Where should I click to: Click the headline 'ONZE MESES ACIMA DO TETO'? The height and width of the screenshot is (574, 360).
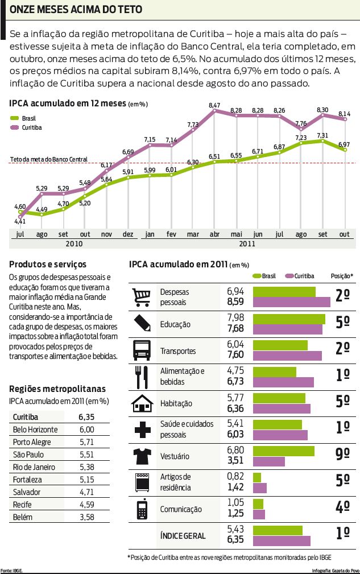point(76,10)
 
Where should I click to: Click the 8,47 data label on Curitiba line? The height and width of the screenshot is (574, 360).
point(214,106)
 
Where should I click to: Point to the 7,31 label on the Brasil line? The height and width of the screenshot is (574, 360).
point(322,135)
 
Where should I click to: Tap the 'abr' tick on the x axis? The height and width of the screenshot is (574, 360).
point(214,234)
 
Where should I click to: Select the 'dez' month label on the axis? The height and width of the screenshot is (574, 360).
point(128,234)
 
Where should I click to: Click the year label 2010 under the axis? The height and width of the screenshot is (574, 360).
point(74,243)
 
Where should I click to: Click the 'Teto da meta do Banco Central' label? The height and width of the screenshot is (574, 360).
point(49,159)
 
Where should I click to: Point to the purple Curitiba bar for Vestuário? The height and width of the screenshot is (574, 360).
point(268,461)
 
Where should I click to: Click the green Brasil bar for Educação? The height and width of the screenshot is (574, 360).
point(289,319)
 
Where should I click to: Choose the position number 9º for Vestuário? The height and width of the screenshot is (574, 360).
point(342,455)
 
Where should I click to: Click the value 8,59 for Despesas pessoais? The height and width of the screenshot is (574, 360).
point(235,302)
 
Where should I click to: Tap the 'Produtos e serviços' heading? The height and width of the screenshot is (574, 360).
point(48,264)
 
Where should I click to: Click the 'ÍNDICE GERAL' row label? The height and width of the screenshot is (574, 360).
point(183,536)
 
